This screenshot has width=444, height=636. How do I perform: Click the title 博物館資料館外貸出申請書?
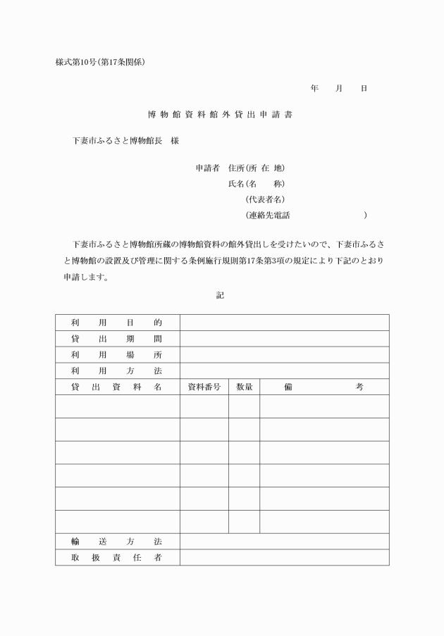coord(220,113)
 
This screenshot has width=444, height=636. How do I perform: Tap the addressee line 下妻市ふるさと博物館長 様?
coord(126,141)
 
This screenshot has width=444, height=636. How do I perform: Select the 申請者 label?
coord(208,168)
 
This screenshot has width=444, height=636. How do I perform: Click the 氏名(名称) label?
coord(256,184)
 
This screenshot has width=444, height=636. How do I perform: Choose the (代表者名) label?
coord(265,199)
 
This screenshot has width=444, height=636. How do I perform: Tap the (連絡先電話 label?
coord(268,215)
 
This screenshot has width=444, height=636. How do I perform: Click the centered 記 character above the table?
coord(220,295)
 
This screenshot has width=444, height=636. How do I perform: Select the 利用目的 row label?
coord(117,323)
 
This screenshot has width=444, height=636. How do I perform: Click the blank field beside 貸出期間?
coord(284,339)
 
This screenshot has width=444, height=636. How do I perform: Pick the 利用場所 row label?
coord(117,355)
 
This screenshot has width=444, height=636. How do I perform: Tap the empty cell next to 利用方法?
coord(284,370)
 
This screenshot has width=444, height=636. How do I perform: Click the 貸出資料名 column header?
coord(117,387)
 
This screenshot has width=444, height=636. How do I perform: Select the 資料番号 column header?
coord(204,387)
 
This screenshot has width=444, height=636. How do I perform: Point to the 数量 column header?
coord(244,387)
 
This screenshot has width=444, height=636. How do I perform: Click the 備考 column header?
coord(324,387)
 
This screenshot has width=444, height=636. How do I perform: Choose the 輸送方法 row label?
coord(117,542)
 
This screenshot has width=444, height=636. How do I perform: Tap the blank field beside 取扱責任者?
coord(284,557)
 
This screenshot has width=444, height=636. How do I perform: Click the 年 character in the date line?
coord(314,89)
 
